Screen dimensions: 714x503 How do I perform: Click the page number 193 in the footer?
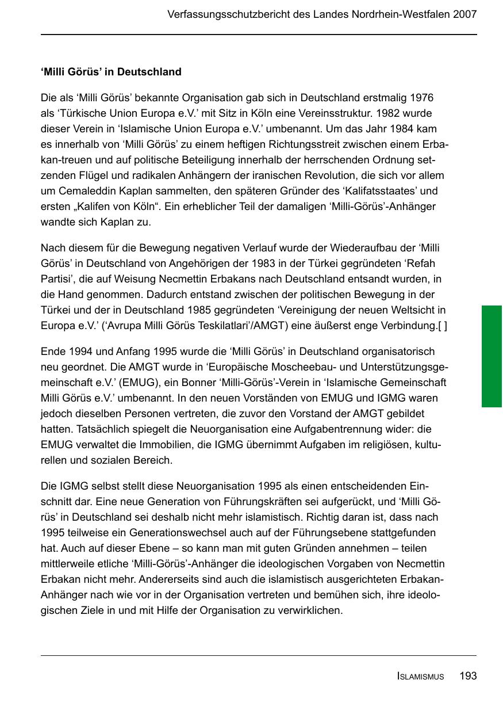(x=468, y=676)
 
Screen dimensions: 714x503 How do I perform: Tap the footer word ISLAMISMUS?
(x=420, y=677)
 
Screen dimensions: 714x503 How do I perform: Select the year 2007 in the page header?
(x=464, y=14)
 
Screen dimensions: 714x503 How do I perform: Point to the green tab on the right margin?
(x=492, y=356)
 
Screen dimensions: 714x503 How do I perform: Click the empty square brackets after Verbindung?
(x=442, y=326)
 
